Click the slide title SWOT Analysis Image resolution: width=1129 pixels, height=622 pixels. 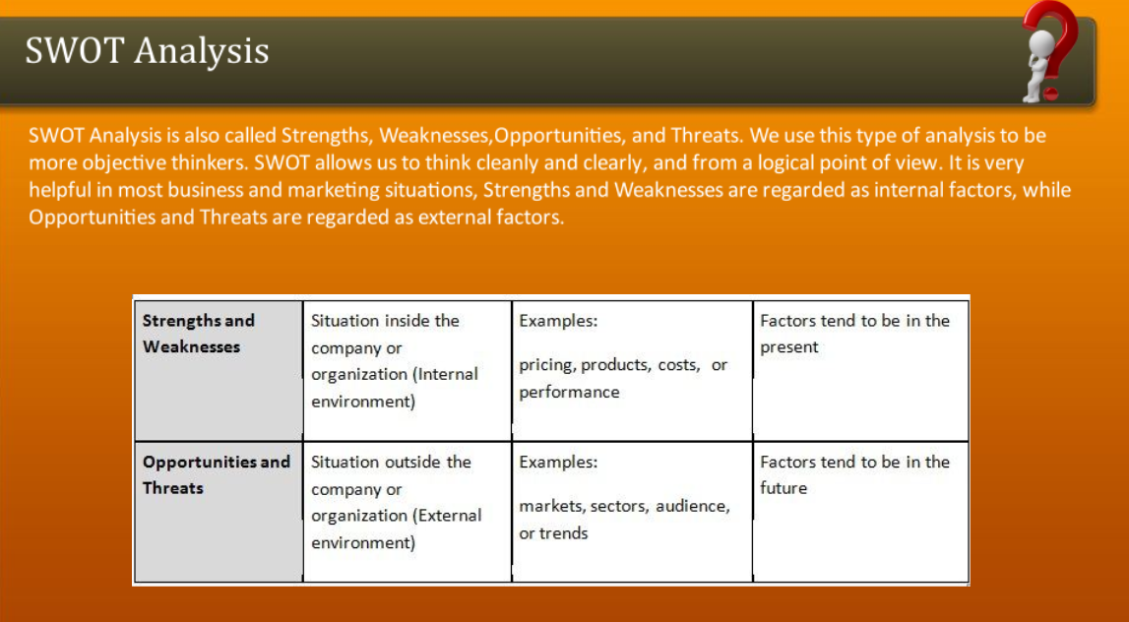147,51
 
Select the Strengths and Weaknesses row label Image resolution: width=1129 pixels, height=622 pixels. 199,334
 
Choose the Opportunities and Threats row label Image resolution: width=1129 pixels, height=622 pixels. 216,474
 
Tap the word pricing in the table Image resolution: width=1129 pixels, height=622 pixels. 546,366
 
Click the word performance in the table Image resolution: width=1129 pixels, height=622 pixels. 569,393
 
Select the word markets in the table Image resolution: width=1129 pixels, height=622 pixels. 552,507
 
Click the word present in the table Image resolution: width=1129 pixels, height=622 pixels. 789,347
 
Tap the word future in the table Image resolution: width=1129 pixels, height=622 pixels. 784,488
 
